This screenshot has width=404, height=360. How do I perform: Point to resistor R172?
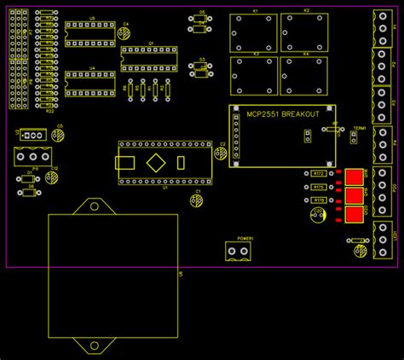(x=318, y=173)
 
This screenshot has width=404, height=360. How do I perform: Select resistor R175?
(x=318, y=186)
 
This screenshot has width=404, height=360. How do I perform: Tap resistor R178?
(x=318, y=200)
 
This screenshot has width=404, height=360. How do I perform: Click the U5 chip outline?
(x=89, y=33)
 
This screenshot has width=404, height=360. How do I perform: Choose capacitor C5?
(x=58, y=135)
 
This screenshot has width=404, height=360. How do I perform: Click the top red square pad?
(x=354, y=177)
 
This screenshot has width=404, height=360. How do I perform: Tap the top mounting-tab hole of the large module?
(x=91, y=206)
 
